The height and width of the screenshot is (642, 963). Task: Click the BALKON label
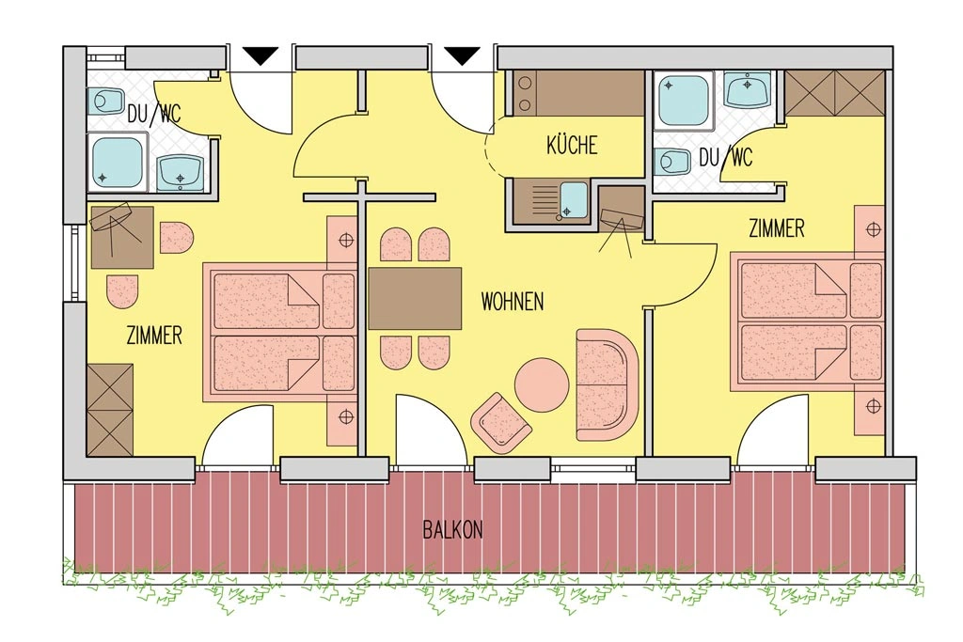[x=452, y=530]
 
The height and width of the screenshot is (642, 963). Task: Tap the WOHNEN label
[x=513, y=302]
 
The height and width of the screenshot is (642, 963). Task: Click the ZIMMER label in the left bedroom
[x=154, y=336]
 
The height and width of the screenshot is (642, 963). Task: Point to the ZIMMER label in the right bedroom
[x=776, y=229]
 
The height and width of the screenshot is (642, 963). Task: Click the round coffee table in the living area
[x=542, y=386]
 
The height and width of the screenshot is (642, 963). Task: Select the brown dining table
[x=415, y=298]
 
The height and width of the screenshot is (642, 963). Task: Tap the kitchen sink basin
[x=575, y=200]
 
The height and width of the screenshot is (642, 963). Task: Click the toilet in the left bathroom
[x=105, y=101]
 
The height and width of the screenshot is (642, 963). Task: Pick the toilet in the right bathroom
[x=672, y=162]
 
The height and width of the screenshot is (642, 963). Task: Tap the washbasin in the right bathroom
[x=748, y=89]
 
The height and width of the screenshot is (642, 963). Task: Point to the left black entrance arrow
[x=261, y=55]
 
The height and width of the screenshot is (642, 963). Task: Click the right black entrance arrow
[x=462, y=55]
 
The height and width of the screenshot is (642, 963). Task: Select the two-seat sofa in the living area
[x=608, y=384]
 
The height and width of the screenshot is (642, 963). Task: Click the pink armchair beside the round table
[x=500, y=423]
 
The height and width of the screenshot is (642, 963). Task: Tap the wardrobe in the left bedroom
[x=110, y=410]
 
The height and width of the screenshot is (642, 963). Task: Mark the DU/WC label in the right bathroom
[x=725, y=158]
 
